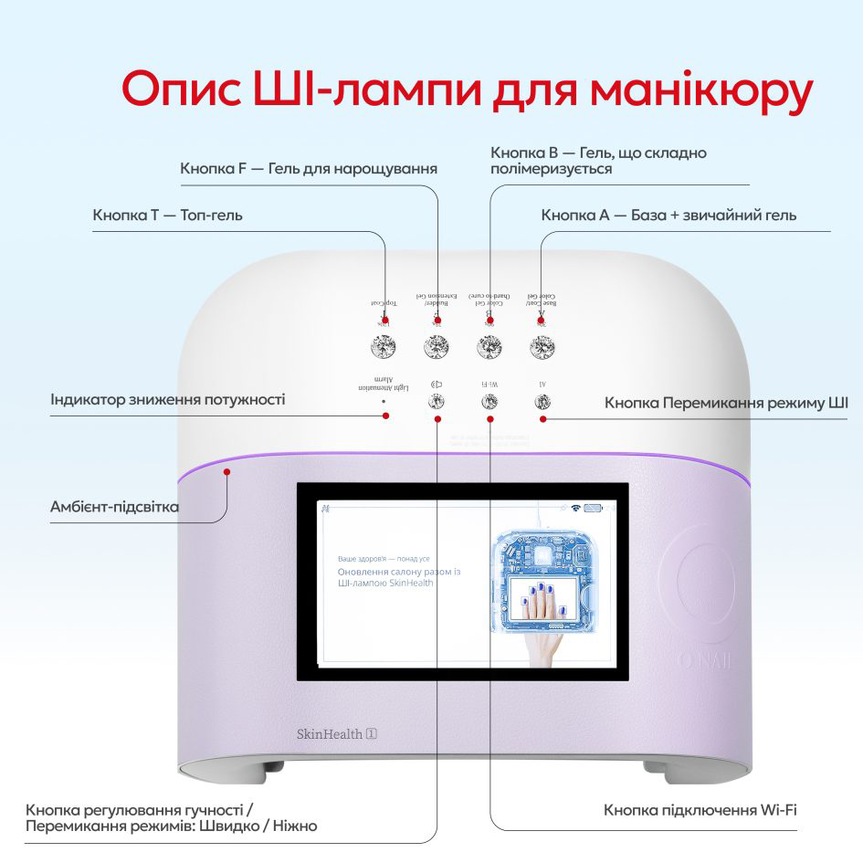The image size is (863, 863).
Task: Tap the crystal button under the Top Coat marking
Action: click(384, 347)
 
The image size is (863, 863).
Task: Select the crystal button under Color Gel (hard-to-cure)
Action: click(489, 347)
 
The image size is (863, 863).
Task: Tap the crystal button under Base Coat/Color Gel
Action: click(542, 347)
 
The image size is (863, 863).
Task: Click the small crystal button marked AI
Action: click(542, 401)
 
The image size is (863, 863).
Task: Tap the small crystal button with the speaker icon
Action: click(437, 401)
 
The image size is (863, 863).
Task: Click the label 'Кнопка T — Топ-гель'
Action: click(167, 216)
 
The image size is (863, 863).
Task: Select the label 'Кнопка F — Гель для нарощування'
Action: click(309, 169)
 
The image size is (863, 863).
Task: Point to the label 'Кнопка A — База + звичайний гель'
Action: click(668, 216)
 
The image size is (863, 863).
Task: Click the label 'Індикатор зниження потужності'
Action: click(167, 400)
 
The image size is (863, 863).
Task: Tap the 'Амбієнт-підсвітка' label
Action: click(115, 507)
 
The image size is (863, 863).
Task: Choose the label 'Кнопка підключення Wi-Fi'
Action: click(701, 810)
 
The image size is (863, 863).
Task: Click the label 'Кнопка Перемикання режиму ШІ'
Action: click(726, 403)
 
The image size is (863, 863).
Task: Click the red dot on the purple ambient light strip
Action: click(227, 471)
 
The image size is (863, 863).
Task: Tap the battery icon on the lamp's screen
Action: click(595, 508)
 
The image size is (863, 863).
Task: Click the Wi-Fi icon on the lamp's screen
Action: click(576, 508)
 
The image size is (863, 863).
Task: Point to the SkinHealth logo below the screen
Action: click(337, 732)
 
